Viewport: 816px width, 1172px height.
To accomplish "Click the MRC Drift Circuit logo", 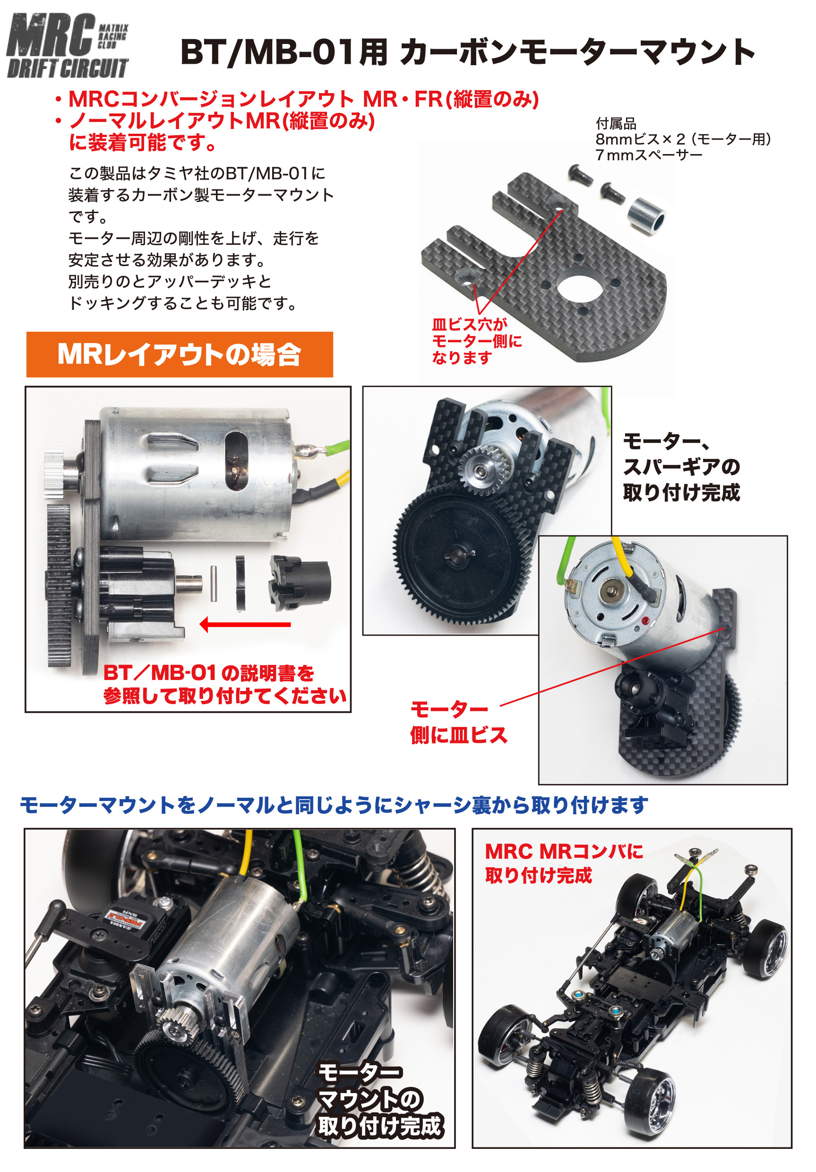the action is point(68,46).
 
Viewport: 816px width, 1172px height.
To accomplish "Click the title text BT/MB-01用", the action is point(284,52).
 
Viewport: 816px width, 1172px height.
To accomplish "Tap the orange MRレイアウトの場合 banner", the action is point(180,354).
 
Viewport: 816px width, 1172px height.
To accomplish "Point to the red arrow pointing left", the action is point(245,624).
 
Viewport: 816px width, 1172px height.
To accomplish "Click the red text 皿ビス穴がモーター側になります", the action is point(477,341).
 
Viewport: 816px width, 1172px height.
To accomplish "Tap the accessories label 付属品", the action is point(616,123).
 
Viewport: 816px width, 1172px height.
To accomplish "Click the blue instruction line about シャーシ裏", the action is point(334,805).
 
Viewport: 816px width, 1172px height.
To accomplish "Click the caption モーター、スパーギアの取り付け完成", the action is point(681,467).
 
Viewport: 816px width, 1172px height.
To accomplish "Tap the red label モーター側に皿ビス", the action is point(459,722).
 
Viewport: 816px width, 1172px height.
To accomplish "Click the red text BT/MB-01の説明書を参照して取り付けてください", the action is point(225,684).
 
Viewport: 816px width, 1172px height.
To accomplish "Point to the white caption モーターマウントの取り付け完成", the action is point(380,1100).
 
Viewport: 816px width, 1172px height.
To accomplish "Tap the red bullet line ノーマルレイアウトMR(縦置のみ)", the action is point(222,121).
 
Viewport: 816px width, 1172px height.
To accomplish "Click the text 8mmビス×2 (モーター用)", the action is point(683,139).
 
